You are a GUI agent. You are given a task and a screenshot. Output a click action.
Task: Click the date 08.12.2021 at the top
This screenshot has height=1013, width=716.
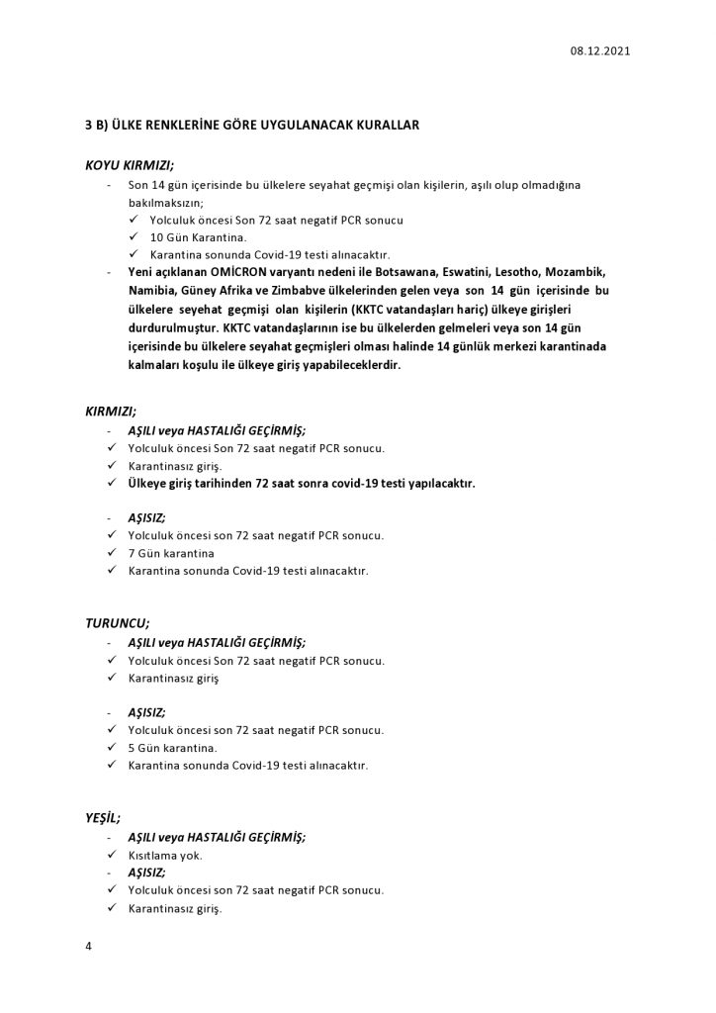coord(599,50)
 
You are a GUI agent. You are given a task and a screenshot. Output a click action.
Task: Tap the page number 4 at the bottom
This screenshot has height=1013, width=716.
coord(89,947)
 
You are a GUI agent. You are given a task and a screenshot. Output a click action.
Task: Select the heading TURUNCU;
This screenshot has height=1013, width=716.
coord(118,623)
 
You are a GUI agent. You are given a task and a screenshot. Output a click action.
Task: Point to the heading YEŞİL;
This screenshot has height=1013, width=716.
coord(104,817)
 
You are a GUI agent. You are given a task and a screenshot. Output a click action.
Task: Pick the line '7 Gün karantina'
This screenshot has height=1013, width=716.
coord(171,553)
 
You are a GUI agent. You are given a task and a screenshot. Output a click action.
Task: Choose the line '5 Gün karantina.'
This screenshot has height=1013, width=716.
coord(172,747)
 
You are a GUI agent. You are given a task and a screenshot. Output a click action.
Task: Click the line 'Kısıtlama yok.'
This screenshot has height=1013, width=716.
coord(165,855)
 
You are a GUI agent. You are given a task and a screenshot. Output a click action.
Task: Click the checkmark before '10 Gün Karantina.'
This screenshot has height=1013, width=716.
coord(133,235)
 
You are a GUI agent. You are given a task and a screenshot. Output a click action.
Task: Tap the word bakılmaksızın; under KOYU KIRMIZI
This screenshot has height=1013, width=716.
coord(165,201)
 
